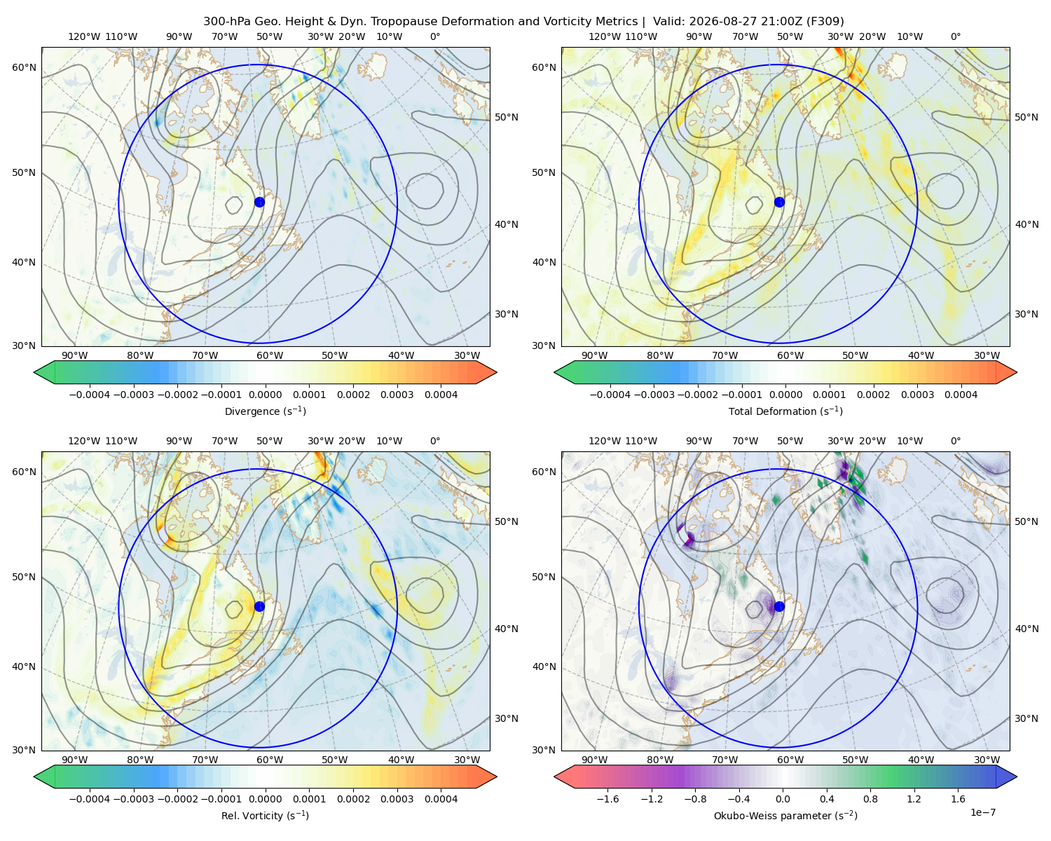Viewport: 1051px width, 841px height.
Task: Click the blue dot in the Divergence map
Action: (x=259, y=202)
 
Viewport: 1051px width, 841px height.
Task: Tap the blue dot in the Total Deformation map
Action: (x=779, y=202)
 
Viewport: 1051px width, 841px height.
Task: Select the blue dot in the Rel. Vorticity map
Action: (x=259, y=606)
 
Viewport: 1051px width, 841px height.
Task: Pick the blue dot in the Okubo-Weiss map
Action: (x=779, y=606)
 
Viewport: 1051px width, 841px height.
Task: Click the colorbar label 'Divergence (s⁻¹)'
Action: (x=265, y=411)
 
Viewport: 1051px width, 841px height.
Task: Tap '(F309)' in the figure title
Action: (x=825, y=22)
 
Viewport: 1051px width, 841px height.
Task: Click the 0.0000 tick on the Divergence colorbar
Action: (x=265, y=395)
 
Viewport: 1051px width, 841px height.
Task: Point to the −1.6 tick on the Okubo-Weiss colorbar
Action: (x=607, y=799)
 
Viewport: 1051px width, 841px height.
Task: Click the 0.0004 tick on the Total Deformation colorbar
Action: (x=961, y=395)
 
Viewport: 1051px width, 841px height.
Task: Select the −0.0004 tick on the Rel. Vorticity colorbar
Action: (x=90, y=799)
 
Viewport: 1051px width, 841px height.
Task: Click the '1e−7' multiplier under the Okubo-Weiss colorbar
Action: (x=982, y=812)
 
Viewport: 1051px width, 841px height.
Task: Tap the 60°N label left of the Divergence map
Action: (x=24, y=67)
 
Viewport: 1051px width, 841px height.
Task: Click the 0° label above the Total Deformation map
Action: (x=955, y=36)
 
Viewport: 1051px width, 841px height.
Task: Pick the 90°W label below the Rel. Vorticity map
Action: (x=75, y=760)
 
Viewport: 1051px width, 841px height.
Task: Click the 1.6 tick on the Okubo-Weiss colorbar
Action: (x=959, y=799)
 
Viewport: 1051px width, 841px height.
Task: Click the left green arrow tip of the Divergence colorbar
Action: (x=34, y=372)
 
